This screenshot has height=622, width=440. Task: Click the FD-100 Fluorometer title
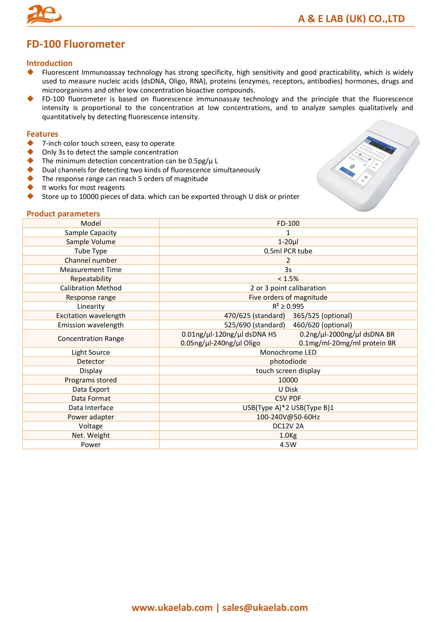tap(76, 44)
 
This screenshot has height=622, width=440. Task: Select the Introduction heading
tap(49, 63)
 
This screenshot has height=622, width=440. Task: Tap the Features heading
tap(42, 134)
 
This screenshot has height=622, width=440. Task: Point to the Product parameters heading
tap(63, 214)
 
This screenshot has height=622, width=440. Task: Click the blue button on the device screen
tap(347, 172)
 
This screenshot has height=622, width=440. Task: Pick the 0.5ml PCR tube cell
tap(288, 251)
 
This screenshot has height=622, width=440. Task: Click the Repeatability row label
tap(91, 279)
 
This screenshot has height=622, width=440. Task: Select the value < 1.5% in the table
tap(288, 279)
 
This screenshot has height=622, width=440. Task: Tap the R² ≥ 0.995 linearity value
tap(288, 306)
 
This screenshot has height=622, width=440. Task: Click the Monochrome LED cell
tap(288, 352)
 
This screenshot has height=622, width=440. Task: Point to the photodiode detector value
tap(288, 361)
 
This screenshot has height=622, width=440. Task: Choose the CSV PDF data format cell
tap(288, 398)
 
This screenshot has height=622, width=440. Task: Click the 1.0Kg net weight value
tap(288, 435)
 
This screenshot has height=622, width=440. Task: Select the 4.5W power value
tap(288, 445)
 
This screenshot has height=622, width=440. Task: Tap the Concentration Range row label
tap(91, 339)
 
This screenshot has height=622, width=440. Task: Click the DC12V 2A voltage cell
tap(288, 426)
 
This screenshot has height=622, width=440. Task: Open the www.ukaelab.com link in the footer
tap(172, 608)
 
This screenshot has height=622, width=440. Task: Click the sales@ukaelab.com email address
tap(265, 608)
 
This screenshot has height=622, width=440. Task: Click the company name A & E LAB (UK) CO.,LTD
tap(351, 19)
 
